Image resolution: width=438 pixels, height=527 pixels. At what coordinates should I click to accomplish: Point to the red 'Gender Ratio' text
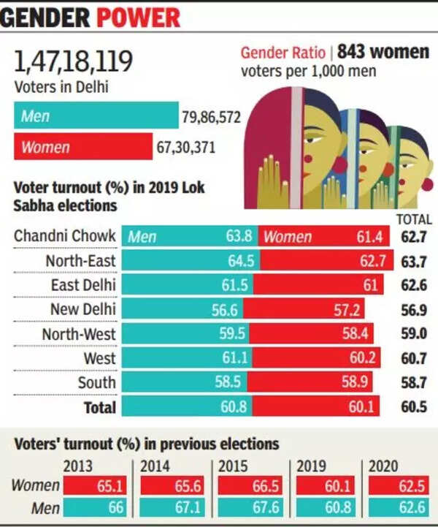tap(283, 52)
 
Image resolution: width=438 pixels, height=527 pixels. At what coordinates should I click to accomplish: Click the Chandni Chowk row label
tap(65, 235)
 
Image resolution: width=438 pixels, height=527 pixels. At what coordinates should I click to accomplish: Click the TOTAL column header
tap(414, 219)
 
